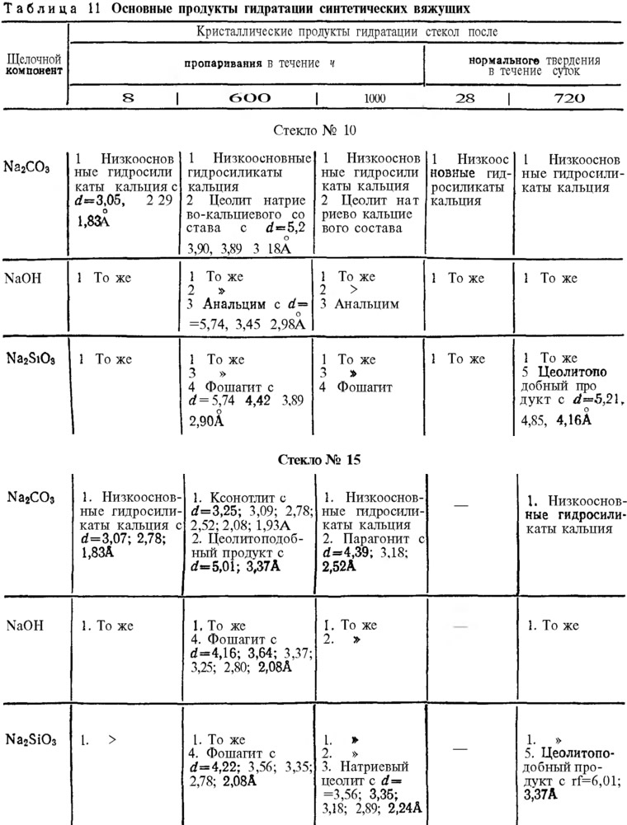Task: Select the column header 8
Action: [x=128, y=97]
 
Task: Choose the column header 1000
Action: [x=374, y=97]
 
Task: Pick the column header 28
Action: [x=465, y=97]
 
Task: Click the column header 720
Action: [x=568, y=97]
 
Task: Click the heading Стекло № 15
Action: [x=318, y=460]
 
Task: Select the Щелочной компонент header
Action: [x=35, y=64]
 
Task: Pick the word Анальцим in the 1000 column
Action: [x=370, y=303]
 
